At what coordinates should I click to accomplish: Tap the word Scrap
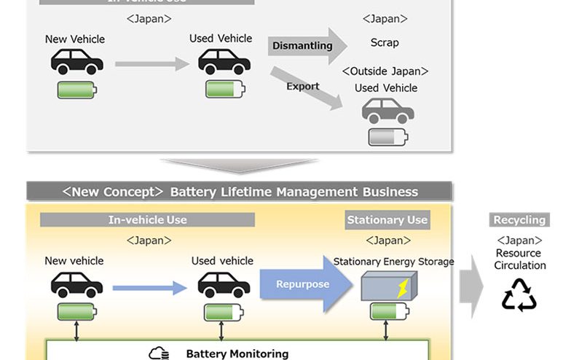(x=384, y=42)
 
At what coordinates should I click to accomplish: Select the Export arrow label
(x=303, y=86)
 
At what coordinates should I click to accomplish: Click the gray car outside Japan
(x=387, y=111)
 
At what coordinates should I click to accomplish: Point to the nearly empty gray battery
(x=387, y=137)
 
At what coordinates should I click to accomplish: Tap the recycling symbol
(x=519, y=294)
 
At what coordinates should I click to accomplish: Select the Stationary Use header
(x=387, y=219)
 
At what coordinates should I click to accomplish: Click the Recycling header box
(x=519, y=219)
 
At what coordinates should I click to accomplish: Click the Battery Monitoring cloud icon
(x=159, y=354)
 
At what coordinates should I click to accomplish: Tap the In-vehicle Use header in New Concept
(x=147, y=219)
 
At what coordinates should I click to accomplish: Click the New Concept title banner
(x=240, y=192)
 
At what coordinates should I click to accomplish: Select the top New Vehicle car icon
(x=76, y=63)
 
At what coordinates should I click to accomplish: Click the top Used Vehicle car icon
(x=224, y=63)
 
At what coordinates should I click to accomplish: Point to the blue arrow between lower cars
(x=150, y=288)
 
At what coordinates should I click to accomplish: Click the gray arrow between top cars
(x=151, y=65)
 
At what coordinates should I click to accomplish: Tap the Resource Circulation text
(x=519, y=259)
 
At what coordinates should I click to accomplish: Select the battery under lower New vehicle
(x=76, y=312)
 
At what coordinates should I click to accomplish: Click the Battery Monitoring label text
(x=237, y=354)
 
